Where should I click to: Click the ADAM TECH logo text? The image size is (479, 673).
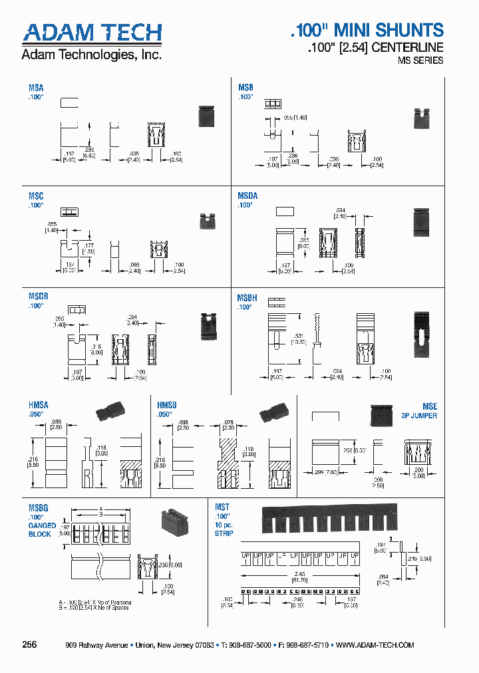coord(92,33)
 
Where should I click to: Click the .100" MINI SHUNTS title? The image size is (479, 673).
coord(367,30)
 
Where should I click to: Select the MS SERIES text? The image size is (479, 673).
coord(420,61)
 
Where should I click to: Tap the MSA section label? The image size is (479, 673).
coord(36,88)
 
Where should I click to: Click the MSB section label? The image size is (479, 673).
coord(245,88)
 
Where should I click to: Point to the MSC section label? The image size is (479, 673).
coord(36,197)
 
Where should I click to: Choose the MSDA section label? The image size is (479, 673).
coord(247,196)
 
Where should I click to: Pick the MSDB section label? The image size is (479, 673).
coord(38,297)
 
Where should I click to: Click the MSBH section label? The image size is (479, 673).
coord(247,299)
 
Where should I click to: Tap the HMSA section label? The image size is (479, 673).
coord(38,405)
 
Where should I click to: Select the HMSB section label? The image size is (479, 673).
coord(167,405)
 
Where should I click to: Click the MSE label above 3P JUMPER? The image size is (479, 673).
coord(430,406)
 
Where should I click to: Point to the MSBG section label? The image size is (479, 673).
coord(38,507)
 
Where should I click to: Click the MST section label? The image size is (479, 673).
coord(222,507)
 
